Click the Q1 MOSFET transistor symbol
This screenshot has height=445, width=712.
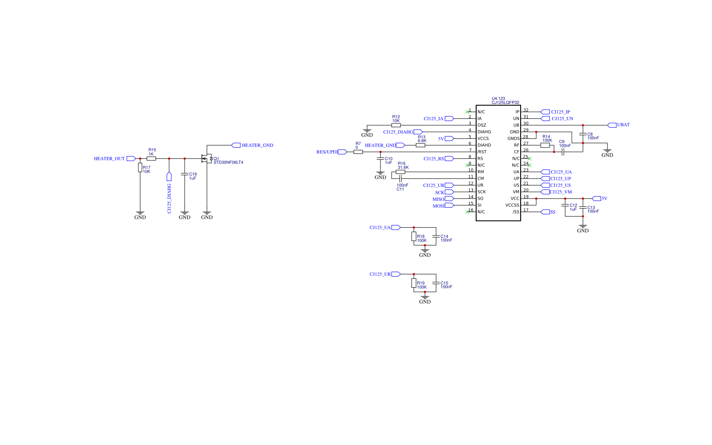(x=207, y=159)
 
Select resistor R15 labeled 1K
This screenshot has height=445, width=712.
(x=151, y=158)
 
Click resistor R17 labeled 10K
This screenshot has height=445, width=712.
(x=140, y=168)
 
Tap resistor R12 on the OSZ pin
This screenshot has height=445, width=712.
(x=396, y=125)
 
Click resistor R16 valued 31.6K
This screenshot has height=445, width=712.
(x=400, y=172)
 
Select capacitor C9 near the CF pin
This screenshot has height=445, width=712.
(x=563, y=152)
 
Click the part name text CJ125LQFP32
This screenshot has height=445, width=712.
(x=505, y=103)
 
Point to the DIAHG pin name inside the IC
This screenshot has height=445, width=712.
(x=484, y=132)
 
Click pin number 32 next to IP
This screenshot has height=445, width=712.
(x=526, y=110)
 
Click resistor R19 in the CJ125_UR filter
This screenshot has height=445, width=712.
(x=414, y=283)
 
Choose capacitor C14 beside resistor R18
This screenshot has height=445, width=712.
(x=436, y=237)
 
